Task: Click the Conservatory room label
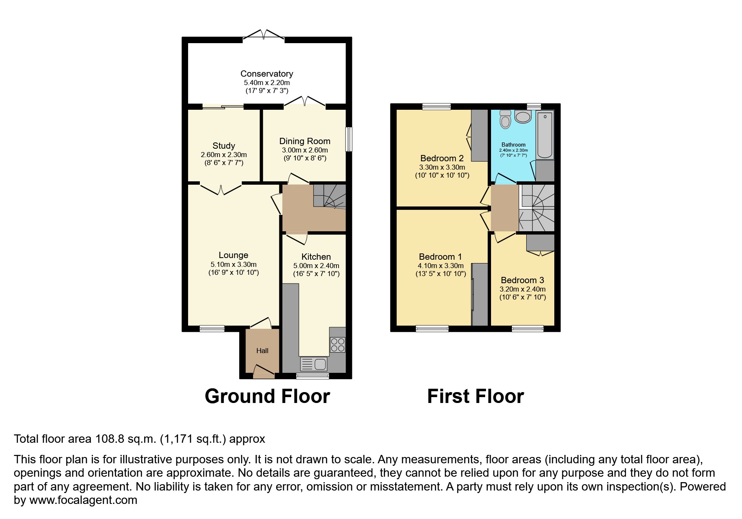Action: (266, 74)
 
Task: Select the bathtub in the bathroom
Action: (545, 135)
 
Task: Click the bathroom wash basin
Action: (523, 116)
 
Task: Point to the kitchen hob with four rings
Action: (338, 345)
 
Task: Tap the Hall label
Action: (262, 351)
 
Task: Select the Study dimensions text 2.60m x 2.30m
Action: (224, 155)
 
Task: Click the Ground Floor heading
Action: (267, 396)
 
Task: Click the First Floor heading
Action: (475, 396)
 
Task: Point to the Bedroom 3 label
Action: (522, 280)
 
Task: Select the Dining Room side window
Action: (349, 139)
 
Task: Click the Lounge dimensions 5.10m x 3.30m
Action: (233, 264)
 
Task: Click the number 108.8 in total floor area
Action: (109, 439)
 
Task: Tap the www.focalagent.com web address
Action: (83, 500)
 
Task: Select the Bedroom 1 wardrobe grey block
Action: (480, 294)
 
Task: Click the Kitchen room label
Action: (316, 257)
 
